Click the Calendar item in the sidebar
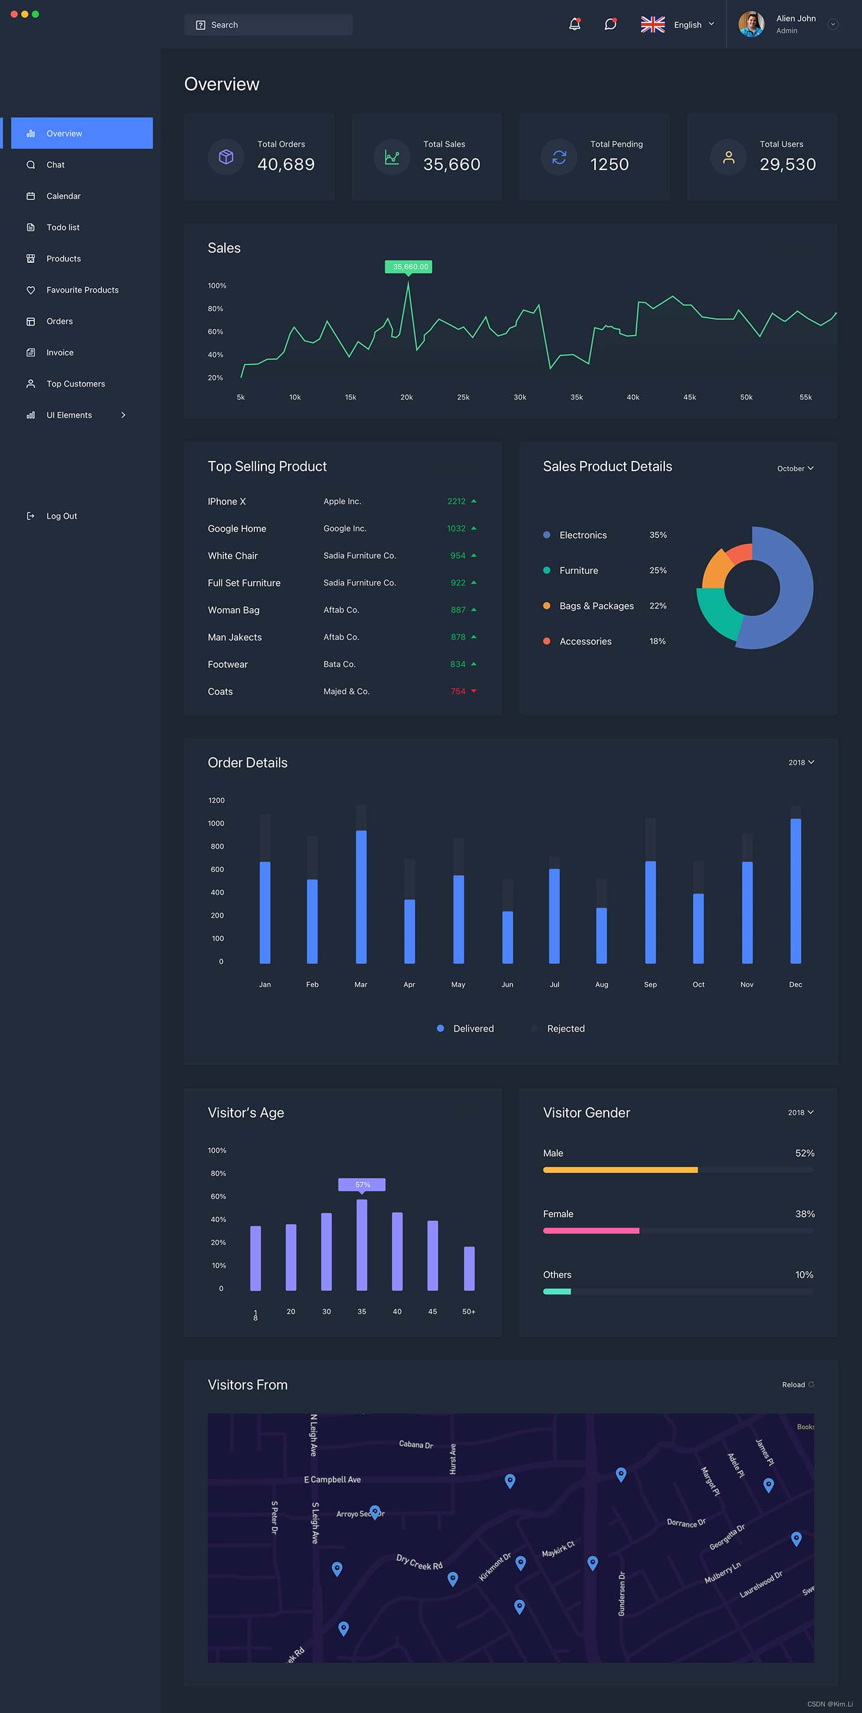coord(63,196)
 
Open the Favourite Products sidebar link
coord(82,290)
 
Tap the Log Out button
coord(61,516)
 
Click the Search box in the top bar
coord(268,25)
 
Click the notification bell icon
coord(574,25)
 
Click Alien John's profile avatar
coord(751,25)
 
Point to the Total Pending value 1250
coord(609,164)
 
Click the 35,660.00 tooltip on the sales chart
coord(409,267)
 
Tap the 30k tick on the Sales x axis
coord(520,397)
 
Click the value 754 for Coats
coord(458,692)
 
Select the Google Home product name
coord(237,529)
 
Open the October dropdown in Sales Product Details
coord(795,469)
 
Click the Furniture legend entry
coord(578,571)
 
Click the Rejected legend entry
coord(566,1029)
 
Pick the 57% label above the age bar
coord(362,1184)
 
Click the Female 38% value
coord(805,1214)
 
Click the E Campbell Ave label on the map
coord(332,1480)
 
